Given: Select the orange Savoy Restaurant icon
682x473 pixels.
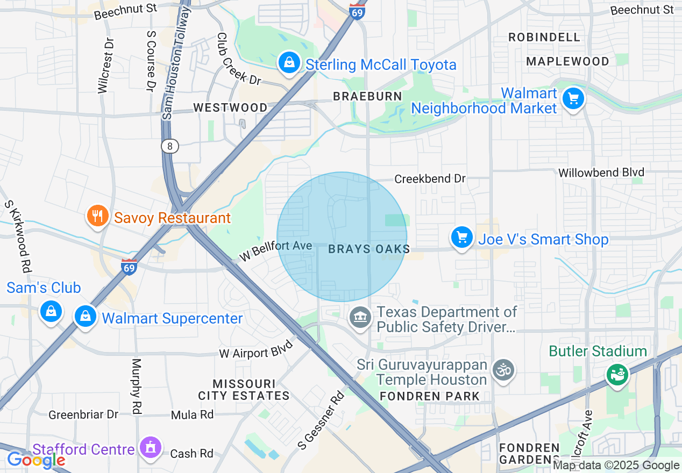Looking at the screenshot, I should pyautogui.click(x=97, y=217).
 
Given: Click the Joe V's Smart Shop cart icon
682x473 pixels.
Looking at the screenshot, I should pyautogui.click(x=461, y=238).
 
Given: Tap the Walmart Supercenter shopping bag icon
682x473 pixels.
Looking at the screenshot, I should pyautogui.click(x=86, y=317).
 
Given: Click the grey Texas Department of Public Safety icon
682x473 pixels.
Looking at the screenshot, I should pyautogui.click(x=360, y=318).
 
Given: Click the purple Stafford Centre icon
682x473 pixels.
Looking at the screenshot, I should pyautogui.click(x=150, y=448).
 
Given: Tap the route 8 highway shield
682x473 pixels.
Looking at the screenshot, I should pyautogui.click(x=169, y=146).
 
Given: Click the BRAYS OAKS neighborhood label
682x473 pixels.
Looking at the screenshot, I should pyautogui.click(x=369, y=249).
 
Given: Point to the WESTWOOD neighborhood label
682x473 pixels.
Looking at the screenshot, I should pyautogui.click(x=230, y=107).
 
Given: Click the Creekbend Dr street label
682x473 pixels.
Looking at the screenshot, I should pyautogui.click(x=430, y=178).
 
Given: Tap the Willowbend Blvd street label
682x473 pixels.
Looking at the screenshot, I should pyautogui.click(x=601, y=173).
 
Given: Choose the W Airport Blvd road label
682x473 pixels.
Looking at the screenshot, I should pyautogui.click(x=256, y=349).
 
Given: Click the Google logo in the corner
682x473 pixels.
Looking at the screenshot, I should pyautogui.click(x=35, y=460).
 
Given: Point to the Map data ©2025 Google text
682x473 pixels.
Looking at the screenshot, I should pyautogui.click(x=616, y=465).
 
